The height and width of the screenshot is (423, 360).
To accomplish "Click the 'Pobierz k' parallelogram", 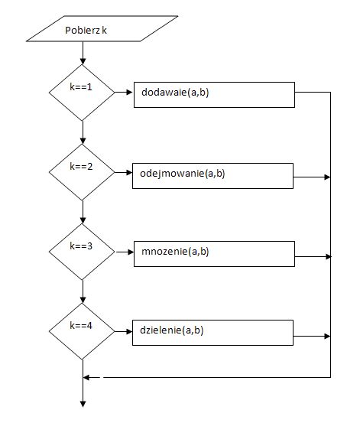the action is (x=102, y=29).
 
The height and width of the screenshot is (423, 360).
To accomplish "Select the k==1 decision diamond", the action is (x=82, y=93).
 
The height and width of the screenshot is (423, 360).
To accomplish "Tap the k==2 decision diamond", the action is (x=82, y=172).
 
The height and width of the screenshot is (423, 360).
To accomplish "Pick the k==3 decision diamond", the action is (x=82, y=252).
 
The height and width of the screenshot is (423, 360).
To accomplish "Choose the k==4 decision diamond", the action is (x=82, y=331).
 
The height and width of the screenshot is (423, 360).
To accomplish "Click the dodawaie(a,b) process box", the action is (x=214, y=95).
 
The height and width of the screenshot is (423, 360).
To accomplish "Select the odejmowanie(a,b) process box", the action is (x=212, y=176).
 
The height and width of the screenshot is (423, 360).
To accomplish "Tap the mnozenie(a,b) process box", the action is (x=214, y=254).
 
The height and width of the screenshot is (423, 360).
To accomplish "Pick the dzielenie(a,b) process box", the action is (x=212, y=333).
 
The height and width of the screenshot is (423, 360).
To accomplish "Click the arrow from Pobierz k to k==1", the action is (x=83, y=53).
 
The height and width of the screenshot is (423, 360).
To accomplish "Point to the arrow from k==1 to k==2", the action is (x=83, y=132).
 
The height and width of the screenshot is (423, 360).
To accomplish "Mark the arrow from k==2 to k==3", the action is (x=83, y=212).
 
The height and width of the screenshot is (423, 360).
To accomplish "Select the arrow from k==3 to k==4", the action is (x=83, y=291).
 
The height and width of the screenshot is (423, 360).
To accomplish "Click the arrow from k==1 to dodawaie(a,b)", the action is (x=124, y=93).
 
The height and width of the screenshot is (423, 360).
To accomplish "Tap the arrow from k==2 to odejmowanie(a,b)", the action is (x=123, y=172).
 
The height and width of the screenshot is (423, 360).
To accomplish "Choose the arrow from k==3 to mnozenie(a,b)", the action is (x=125, y=252).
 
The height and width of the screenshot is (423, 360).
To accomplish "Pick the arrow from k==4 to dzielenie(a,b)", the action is (x=123, y=331).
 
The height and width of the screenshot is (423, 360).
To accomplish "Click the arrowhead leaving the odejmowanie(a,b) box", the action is (x=327, y=177).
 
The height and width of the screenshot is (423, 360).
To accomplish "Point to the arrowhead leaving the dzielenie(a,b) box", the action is (x=327, y=336).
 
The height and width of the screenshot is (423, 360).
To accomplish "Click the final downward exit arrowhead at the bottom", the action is (x=83, y=404).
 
